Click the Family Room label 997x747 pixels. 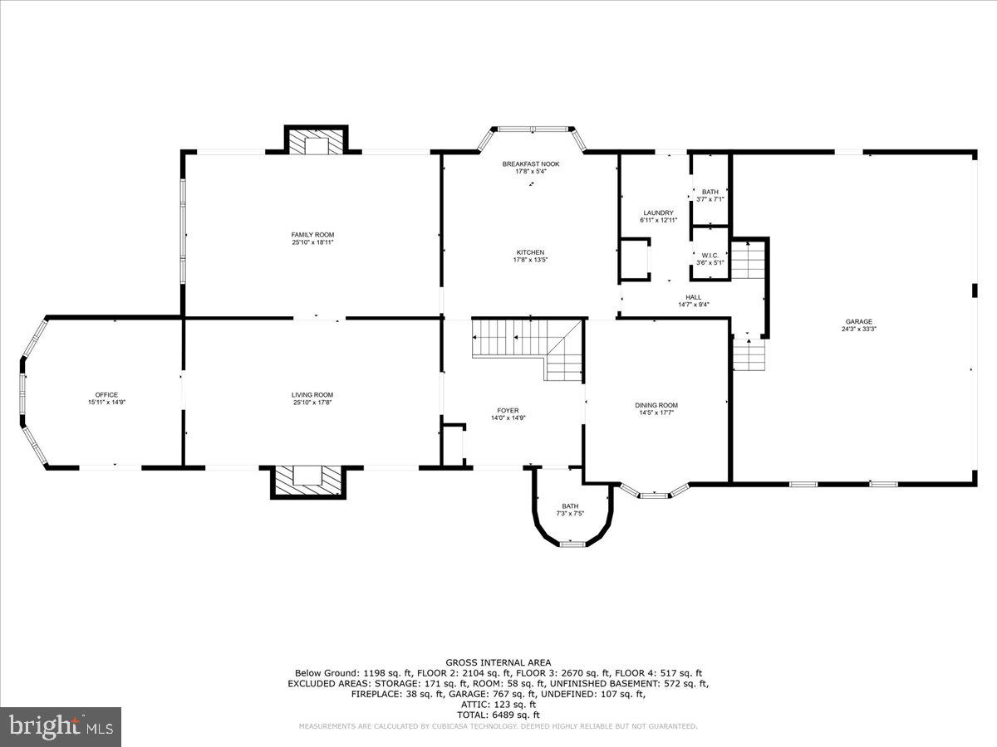(x=312, y=235)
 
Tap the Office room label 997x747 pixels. (x=106, y=394)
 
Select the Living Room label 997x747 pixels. (x=312, y=394)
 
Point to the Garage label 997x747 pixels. (x=859, y=321)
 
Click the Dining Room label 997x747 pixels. (x=656, y=405)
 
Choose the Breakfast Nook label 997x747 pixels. (x=531, y=164)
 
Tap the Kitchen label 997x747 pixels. (x=531, y=252)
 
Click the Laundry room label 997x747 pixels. (x=657, y=213)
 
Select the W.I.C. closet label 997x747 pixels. (x=710, y=255)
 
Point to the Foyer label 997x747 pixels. (x=508, y=410)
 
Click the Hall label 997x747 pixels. (x=693, y=297)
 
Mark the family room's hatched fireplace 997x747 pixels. (x=316, y=144)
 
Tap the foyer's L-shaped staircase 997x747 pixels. (x=532, y=344)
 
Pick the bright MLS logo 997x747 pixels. (x=61, y=727)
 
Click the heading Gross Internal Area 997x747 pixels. (x=498, y=662)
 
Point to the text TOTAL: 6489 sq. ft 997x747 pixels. (x=498, y=715)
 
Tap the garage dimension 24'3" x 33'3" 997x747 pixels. (x=859, y=329)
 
